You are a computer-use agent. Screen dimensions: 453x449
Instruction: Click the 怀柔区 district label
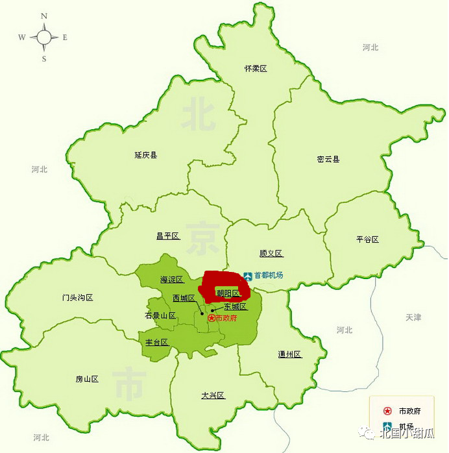pyautogui.click(x=256, y=68)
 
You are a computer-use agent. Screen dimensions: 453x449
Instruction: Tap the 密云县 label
pyautogui.click(x=328, y=159)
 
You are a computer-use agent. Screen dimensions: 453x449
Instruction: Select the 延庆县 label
pyautogui.click(x=146, y=155)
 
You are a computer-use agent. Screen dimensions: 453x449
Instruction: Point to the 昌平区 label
pyautogui.click(x=167, y=236)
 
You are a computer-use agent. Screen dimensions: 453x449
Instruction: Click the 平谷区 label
pyautogui.click(x=367, y=239)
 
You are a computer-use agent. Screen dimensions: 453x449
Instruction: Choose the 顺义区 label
pyautogui.click(x=271, y=253)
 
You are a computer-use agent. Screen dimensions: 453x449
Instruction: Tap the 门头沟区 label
pyautogui.click(x=78, y=297)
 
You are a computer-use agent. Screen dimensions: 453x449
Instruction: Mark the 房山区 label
pyautogui.click(x=86, y=379)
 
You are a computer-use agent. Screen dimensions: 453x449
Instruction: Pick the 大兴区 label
pyautogui.click(x=213, y=395)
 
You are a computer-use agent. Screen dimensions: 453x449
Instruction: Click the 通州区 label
pyautogui.click(x=289, y=354)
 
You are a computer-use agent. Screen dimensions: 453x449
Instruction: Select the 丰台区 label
pyautogui.click(x=156, y=342)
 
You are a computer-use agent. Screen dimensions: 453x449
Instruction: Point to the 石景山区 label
pyautogui.click(x=160, y=315)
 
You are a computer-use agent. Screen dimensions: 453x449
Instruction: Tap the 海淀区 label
pyautogui.click(x=172, y=280)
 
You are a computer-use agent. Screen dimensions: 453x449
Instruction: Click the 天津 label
pyautogui.click(x=413, y=317)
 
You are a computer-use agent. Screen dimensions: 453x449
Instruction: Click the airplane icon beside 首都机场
pyautogui.click(x=247, y=275)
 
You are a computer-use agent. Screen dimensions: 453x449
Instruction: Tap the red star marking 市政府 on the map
pyautogui.click(x=211, y=318)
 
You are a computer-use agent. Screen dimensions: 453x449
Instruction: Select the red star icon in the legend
pyautogui.click(x=387, y=411)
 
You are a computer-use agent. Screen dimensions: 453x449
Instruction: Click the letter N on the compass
pyautogui.click(x=44, y=16)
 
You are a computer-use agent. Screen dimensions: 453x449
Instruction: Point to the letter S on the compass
pyautogui.click(x=44, y=59)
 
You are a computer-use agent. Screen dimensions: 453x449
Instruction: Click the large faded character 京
pyautogui.click(x=202, y=238)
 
